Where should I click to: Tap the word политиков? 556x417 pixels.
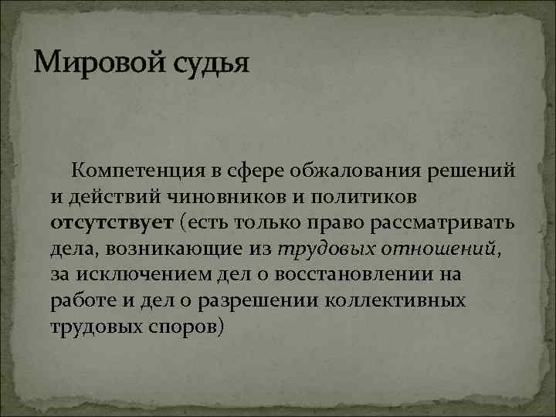[x=356, y=197]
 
